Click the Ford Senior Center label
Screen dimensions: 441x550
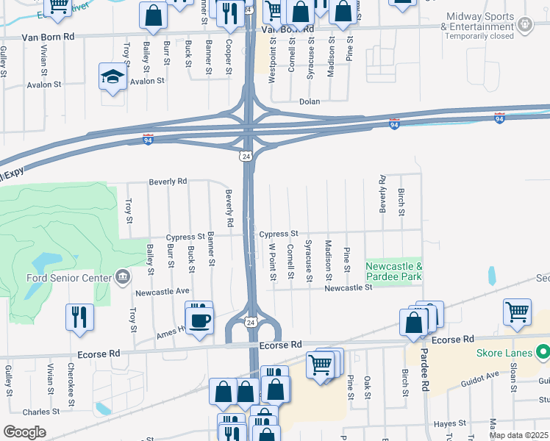[68, 277]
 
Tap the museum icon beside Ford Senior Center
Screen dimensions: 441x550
[122, 277]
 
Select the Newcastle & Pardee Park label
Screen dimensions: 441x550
[394, 271]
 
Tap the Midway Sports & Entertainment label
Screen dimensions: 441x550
[480, 22]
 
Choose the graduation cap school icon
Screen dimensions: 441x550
[113, 76]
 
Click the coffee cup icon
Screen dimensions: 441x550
[200, 320]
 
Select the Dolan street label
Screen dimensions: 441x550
[310, 101]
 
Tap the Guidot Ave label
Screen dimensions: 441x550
[480, 374]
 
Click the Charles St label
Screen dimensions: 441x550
[41, 412]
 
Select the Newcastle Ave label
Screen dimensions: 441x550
[162, 291]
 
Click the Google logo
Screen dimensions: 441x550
[24, 432]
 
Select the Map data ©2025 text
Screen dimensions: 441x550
[518, 435]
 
